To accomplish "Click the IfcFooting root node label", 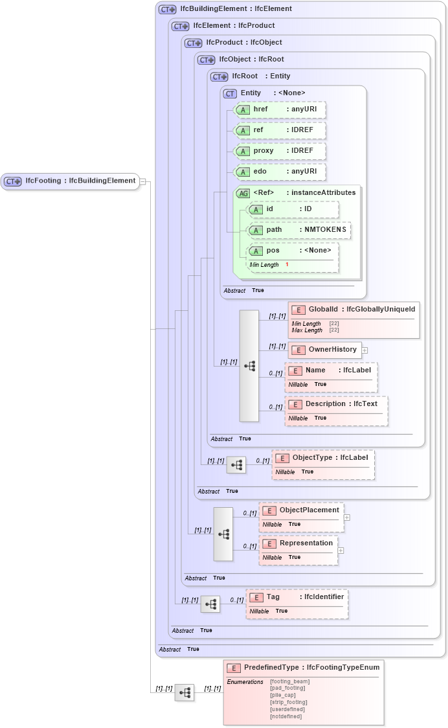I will pyautogui.click(x=80, y=181).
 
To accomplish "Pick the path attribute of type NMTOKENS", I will pyautogui.click(x=298, y=230).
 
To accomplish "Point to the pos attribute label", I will pyautogui.click(x=273, y=251).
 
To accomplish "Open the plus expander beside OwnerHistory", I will pyautogui.click(x=364, y=350).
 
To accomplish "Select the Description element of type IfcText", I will pyautogui.click(x=336, y=404).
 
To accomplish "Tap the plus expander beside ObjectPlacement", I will pyautogui.click(x=347, y=518).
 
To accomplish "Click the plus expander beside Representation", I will pyautogui.click(x=341, y=551).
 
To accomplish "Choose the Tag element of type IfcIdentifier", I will pyautogui.click(x=297, y=597).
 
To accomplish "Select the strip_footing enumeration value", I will pyautogui.click(x=288, y=702).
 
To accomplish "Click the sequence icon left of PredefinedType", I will pyautogui.click(x=185, y=692).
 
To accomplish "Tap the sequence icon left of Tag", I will pyautogui.click(x=210, y=604).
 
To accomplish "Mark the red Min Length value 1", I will pyautogui.click(x=287, y=265).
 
